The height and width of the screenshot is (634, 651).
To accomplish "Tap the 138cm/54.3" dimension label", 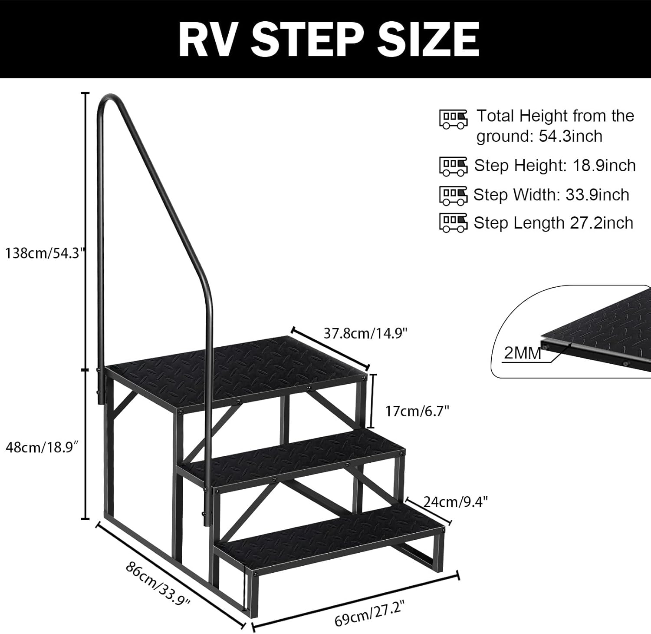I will tap(43, 253).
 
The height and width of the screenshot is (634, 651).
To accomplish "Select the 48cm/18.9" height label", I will tap(43, 447).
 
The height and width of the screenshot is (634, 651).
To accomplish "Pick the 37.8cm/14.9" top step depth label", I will tap(365, 333).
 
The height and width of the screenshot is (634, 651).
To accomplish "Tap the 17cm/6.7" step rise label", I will tap(417, 410).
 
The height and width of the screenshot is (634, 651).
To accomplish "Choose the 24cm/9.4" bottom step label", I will tap(455, 502).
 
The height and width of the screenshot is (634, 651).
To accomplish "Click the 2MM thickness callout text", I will tap(523, 353).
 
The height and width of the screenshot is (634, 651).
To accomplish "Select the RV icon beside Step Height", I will tap(453, 166).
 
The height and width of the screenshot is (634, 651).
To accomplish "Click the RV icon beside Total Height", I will tap(453, 119).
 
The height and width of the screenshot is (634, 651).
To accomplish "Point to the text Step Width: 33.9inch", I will tap(551, 195).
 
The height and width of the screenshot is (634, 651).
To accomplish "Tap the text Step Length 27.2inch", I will tap(553, 223).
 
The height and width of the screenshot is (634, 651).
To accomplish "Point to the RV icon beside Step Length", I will tap(453, 222).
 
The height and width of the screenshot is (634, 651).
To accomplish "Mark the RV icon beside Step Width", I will tap(453, 195).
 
